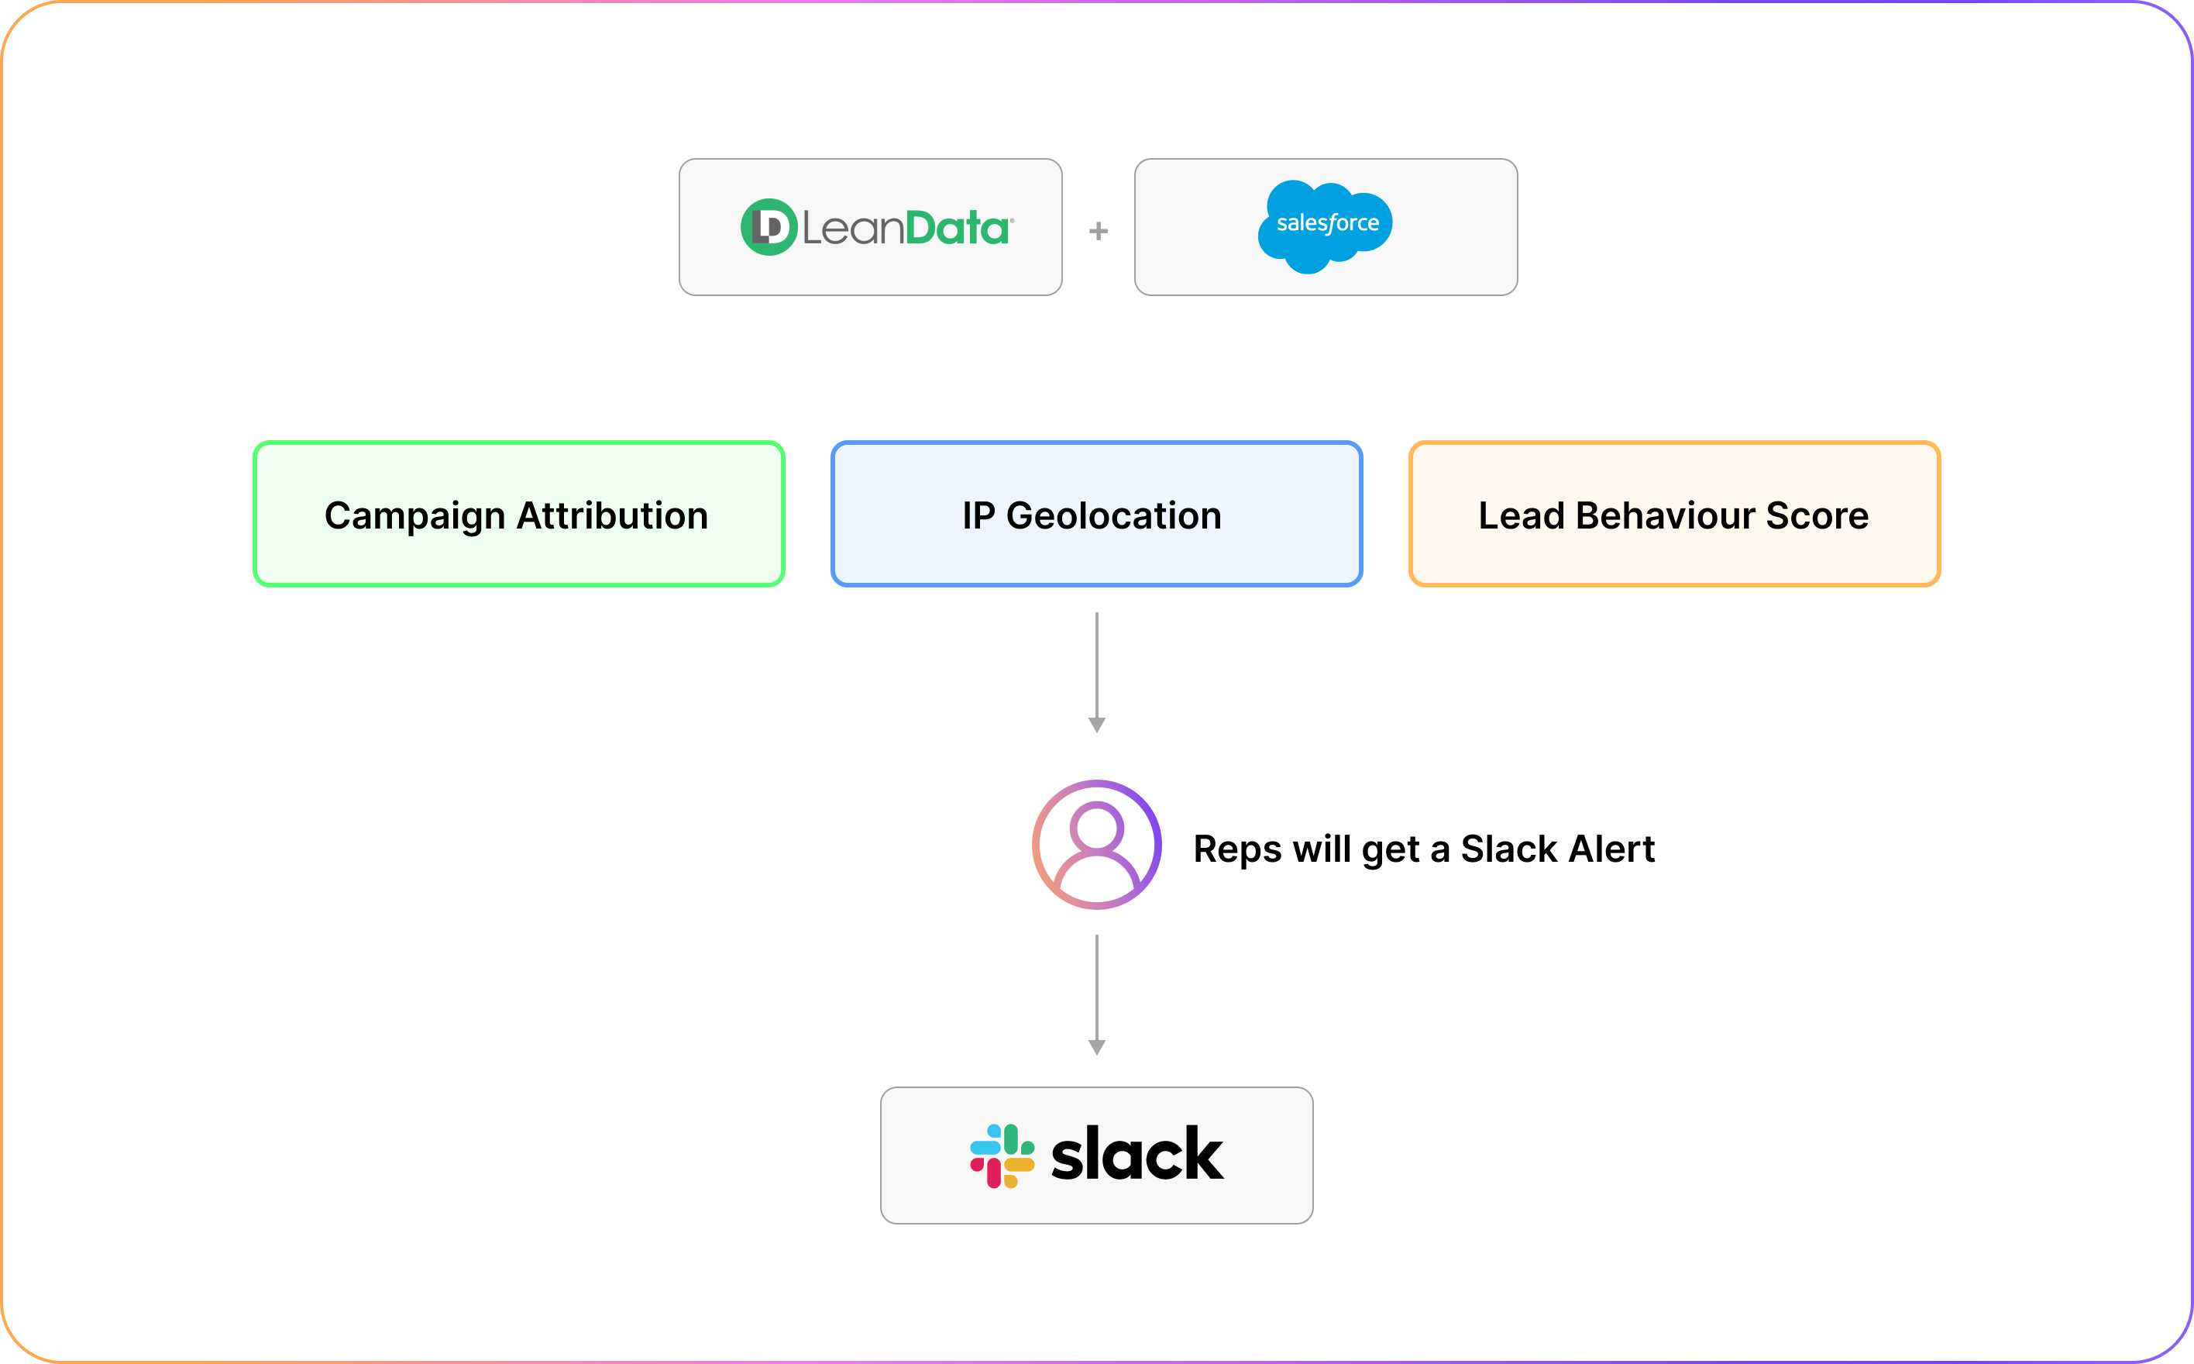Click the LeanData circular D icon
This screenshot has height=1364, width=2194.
[x=769, y=227]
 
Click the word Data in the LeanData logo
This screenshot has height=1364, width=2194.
[x=957, y=228]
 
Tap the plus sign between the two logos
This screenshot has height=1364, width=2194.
[x=1099, y=232]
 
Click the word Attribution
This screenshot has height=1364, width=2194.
[x=612, y=516]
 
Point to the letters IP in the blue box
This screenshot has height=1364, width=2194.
[x=978, y=516]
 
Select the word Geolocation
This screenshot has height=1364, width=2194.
[x=1114, y=516]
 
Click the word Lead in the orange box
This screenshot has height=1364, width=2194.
[x=1522, y=516]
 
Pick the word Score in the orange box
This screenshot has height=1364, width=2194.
[x=1817, y=516]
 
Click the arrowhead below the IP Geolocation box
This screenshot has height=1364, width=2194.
[x=1096, y=725]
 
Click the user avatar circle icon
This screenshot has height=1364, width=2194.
[x=1096, y=845]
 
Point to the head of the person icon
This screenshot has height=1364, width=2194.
[x=1096, y=825]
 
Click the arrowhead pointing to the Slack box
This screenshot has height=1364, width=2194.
[x=1096, y=1046]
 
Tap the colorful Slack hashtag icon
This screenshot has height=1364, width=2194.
[x=1002, y=1156]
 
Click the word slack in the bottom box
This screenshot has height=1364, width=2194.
[x=1137, y=1155]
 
